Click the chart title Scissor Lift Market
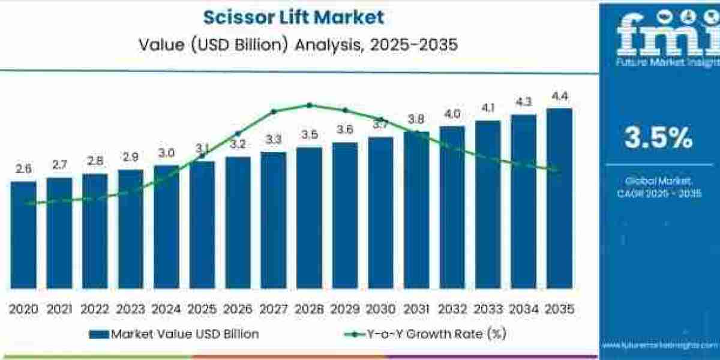point(293,17)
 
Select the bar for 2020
point(23,234)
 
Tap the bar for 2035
point(559,198)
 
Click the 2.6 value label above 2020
point(23,169)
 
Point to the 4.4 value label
point(559,96)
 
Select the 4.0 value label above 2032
point(452,114)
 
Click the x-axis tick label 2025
point(202,309)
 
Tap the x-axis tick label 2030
point(380,309)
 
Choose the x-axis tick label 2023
point(130,309)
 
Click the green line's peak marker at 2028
point(310,105)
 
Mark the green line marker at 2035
point(559,170)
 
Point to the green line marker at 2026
point(238,133)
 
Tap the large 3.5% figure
point(658,139)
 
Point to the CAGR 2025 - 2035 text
point(658,193)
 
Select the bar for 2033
point(488,204)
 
